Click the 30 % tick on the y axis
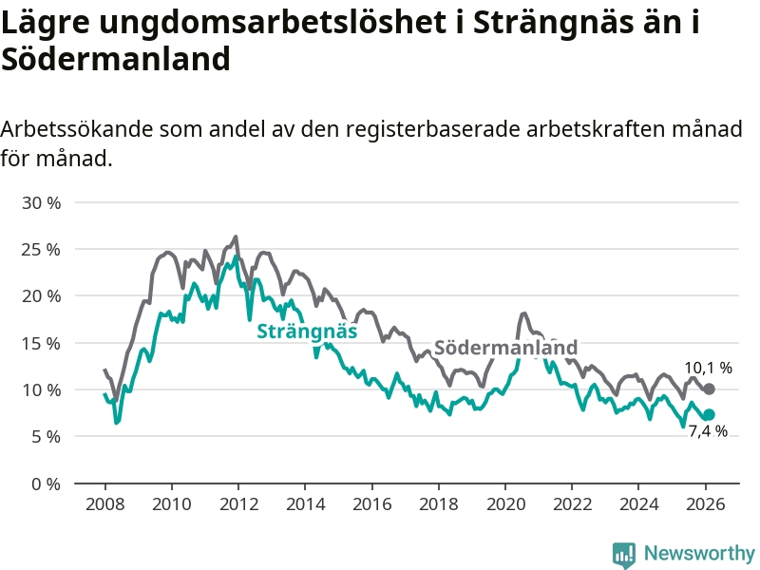pos(42,203)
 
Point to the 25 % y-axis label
pos(42,250)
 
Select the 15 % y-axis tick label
pos(42,343)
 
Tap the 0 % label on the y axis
pos(47,484)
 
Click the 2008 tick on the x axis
pos(104,503)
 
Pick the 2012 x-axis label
pos(237,503)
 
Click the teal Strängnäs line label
pos(307,332)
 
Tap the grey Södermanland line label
pos(505,347)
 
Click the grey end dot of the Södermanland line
pos(709,389)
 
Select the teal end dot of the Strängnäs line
pos(709,414)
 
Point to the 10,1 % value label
pos(708,368)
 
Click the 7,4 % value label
pos(708,431)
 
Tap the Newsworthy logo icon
pos(623,553)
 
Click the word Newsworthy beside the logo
pos(699,553)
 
